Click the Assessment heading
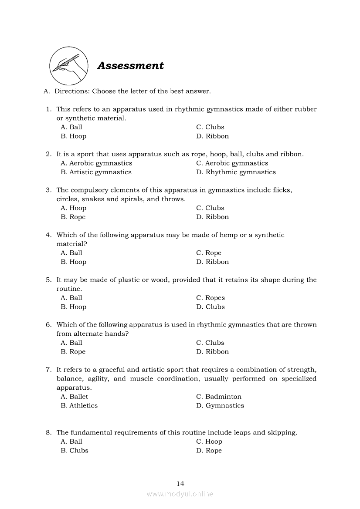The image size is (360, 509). (130, 66)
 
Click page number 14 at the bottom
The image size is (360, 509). (180, 483)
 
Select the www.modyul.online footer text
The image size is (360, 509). (180, 494)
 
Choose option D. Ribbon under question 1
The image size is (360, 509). (212, 136)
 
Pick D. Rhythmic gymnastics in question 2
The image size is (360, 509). (236, 172)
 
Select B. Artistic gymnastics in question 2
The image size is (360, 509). (96, 172)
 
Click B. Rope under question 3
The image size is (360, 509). (73, 217)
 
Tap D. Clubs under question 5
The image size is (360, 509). (211, 307)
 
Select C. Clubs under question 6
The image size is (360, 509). (210, 343)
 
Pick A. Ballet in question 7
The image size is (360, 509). (75, 397)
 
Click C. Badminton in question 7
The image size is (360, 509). (219, 397)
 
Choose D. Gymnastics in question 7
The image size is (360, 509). (220, 406)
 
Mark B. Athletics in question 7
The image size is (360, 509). (79, 406)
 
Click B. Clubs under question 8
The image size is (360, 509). (75, 451)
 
